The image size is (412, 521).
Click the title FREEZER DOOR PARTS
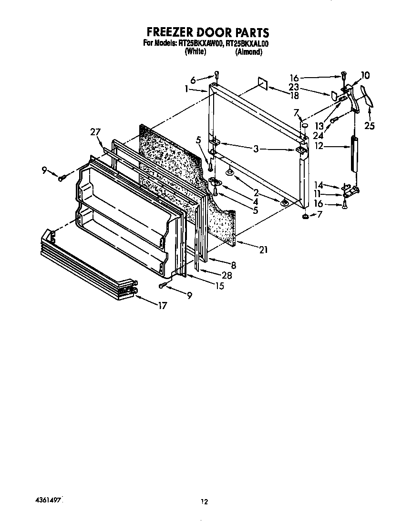[x=207, y=32]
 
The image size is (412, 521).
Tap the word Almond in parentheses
[x=248, y=52]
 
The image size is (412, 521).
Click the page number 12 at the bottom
[x=204, y=501]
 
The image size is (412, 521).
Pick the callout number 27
[x=95, y=132]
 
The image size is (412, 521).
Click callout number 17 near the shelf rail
[x=162, y=306]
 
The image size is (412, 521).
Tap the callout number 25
[x=370, y=126]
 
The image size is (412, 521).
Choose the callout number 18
[x=294, y=96]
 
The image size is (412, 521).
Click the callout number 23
[x=294, y=88]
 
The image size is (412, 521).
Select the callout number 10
[x=365, y=75]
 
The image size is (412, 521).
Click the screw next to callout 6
[x=217, y=75]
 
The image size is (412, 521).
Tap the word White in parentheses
[x=195, y=52]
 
